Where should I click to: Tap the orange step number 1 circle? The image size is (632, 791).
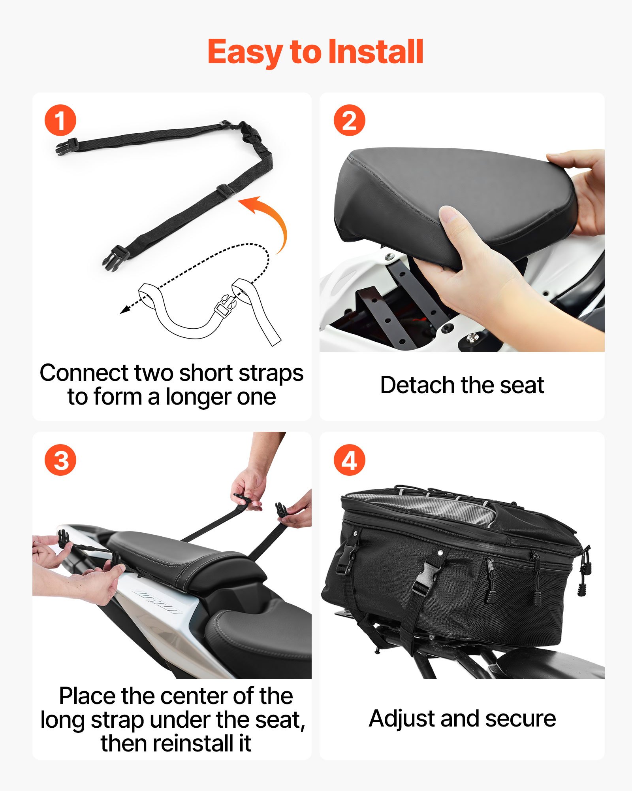(60, 120)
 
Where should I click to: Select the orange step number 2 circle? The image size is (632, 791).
(349, 120)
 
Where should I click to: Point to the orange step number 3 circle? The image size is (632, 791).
(60, 460)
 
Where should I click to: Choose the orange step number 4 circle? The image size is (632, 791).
(349, 460)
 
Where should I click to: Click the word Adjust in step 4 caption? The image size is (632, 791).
(402, 718)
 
